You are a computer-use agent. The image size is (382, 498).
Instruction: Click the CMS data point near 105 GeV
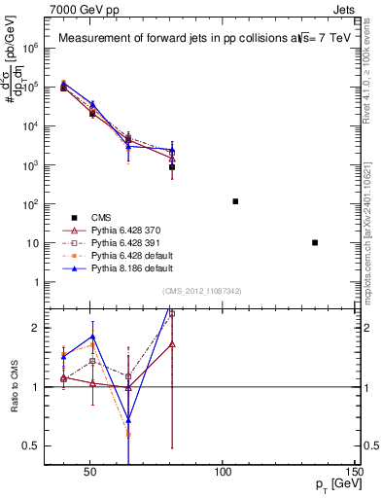pos(235,201)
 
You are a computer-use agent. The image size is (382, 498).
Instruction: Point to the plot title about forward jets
pos(194,39)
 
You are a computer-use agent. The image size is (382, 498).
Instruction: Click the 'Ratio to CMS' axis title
pos(13,386)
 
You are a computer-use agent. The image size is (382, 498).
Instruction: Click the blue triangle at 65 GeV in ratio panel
pos(128,420)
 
